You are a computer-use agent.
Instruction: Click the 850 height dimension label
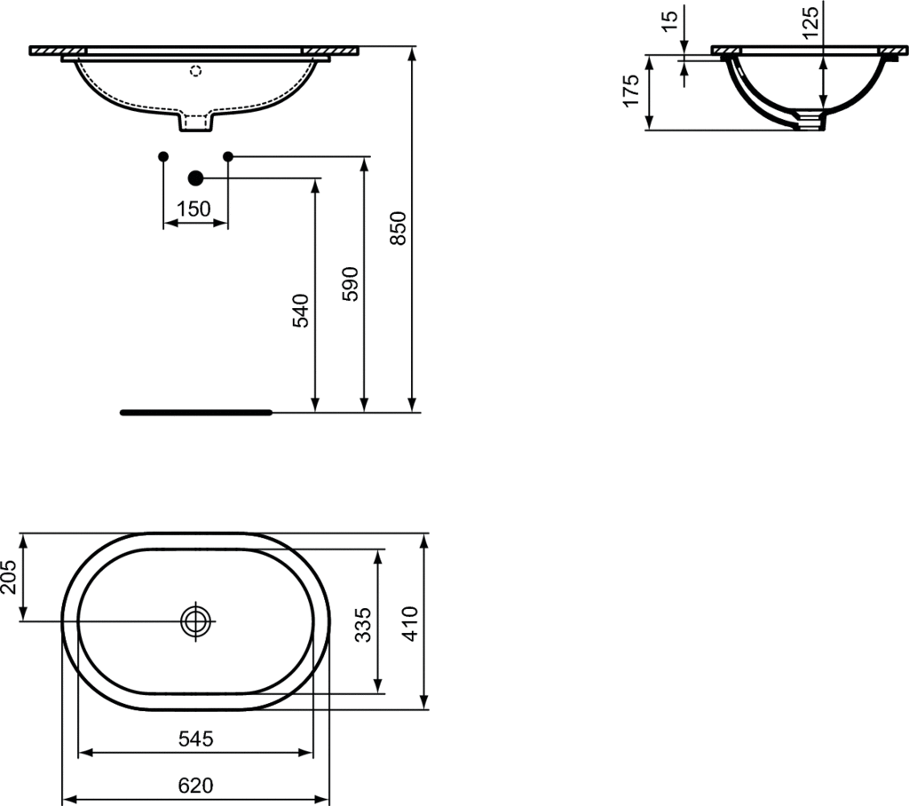(x=399, y=229)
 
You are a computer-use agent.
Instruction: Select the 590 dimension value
(x=350, y=283)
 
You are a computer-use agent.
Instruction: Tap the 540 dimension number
(x=301, y=311)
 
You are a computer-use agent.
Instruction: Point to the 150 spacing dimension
(x=194, y=209)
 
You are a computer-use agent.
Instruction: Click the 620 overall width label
(x=195, y=786)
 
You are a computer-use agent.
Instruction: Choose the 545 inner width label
(x=195, y=738)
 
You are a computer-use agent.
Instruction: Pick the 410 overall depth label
(x=409, y=622)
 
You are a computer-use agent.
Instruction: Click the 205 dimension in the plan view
(x=8, y=577)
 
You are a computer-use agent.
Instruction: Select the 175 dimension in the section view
(x=631, y=91)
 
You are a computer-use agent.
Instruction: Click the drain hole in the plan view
(x=195, y=621)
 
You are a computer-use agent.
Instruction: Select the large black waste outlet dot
(x=195, y=178)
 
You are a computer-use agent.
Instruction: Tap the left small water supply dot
(x=162, y=156)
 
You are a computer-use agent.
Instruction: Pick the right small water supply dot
(x=228, y=156)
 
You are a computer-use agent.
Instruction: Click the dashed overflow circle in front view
(x=196, y=70)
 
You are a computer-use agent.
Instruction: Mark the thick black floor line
(x=196, y=412)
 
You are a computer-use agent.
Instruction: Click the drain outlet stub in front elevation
(x=196, y=123)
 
